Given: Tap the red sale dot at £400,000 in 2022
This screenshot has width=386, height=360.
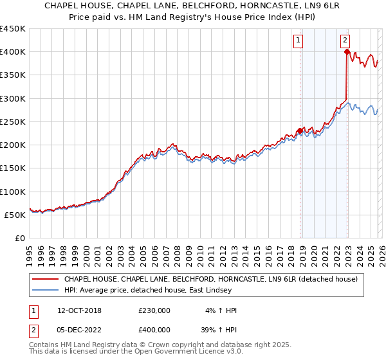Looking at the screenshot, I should (x=347, y=52).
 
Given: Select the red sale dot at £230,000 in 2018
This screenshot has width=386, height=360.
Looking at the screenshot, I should (x=300, y=131).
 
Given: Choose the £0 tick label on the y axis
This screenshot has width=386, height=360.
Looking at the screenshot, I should (x=19, y=239).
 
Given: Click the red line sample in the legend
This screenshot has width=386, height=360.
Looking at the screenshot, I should (x=45, y=279).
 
